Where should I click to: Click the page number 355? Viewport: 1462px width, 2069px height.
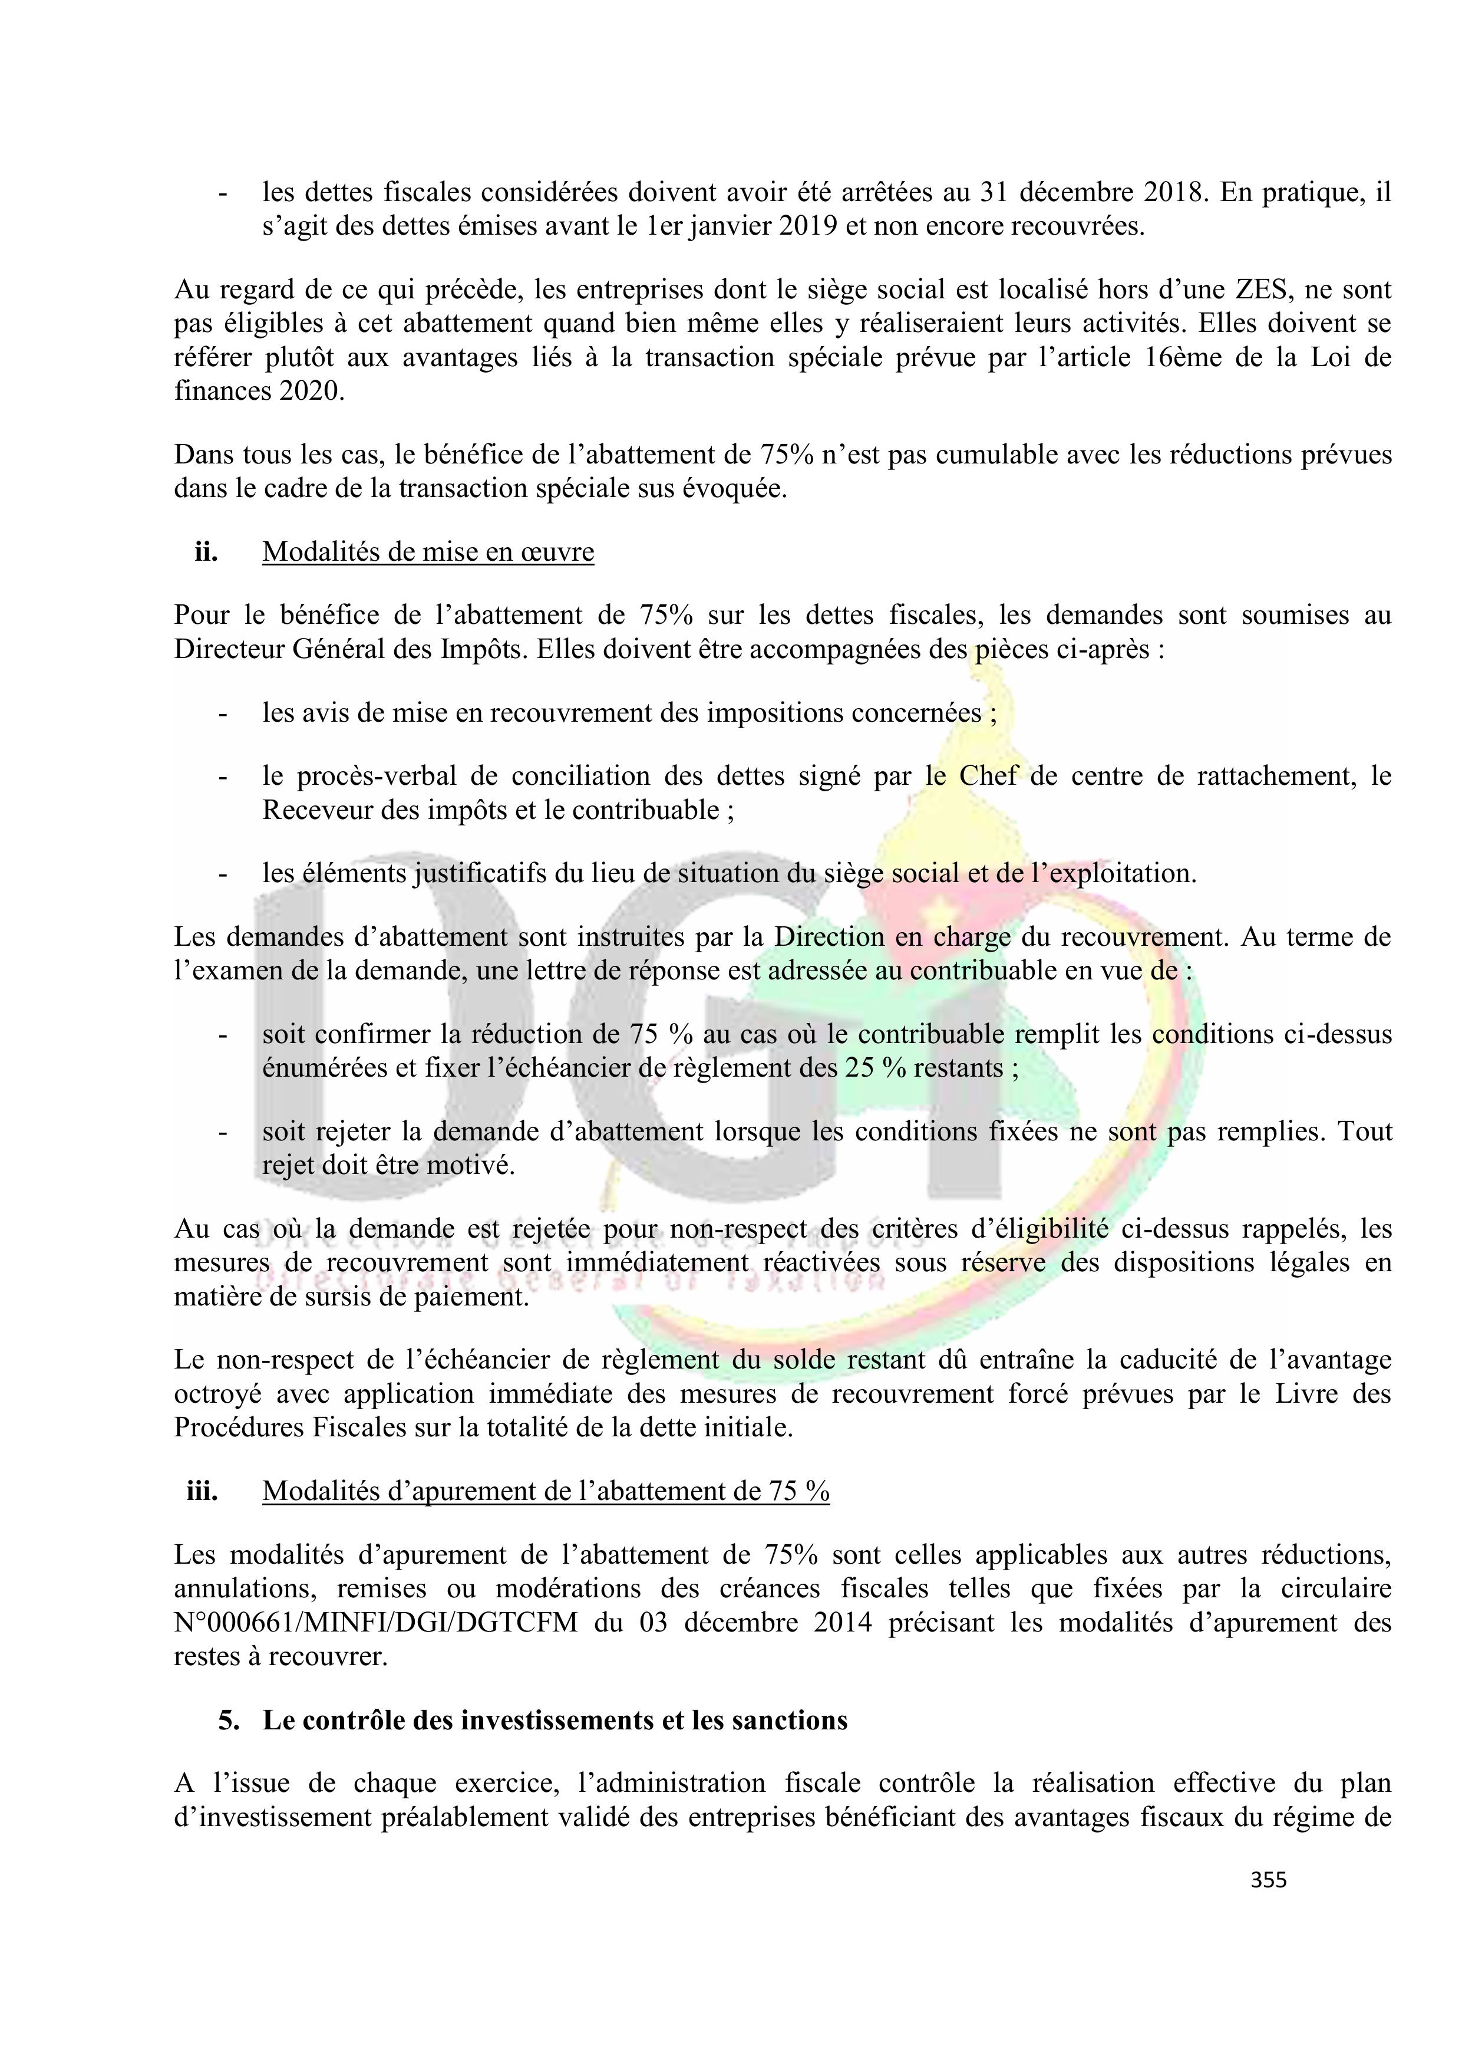pyautogui.click(x=1268, y=1879)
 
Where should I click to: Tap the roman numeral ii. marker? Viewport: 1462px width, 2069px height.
pyautogui.click(x=206, y=551)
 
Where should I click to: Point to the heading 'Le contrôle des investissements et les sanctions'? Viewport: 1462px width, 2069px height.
pyautogui.click(x=555, y=1721)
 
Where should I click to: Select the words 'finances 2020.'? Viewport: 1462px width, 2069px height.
pyautogui.click(x=259, y=392)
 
